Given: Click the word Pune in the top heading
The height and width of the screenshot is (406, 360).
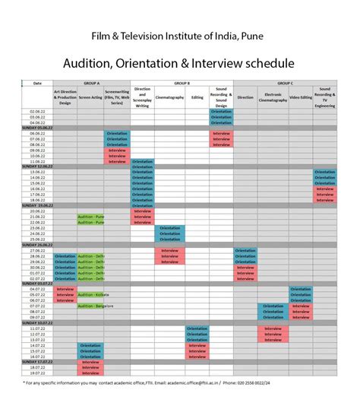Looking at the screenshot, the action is click(x=255, y=36).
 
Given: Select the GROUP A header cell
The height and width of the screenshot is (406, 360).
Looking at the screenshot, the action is click(x=92, y=82).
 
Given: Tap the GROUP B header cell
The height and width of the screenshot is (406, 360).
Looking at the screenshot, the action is click(x=182, y=82).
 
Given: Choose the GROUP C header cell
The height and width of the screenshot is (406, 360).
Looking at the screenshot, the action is click(x=285, y=82).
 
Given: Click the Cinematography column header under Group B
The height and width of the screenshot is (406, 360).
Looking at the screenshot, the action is click(x=169, y=97).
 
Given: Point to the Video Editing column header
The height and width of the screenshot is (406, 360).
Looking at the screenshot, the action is click(x=301, y=97).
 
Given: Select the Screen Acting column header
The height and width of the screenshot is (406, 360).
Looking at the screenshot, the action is click(x=90, y=97).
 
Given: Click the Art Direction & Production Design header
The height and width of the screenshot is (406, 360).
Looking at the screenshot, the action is click(x=65, y=97).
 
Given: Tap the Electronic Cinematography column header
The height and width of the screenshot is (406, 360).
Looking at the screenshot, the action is click(x=273, y=97).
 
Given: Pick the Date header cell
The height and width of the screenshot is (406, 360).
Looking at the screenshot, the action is click(x=36, y=82).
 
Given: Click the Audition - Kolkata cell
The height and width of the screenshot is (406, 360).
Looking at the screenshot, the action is click(x=93, y=294).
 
